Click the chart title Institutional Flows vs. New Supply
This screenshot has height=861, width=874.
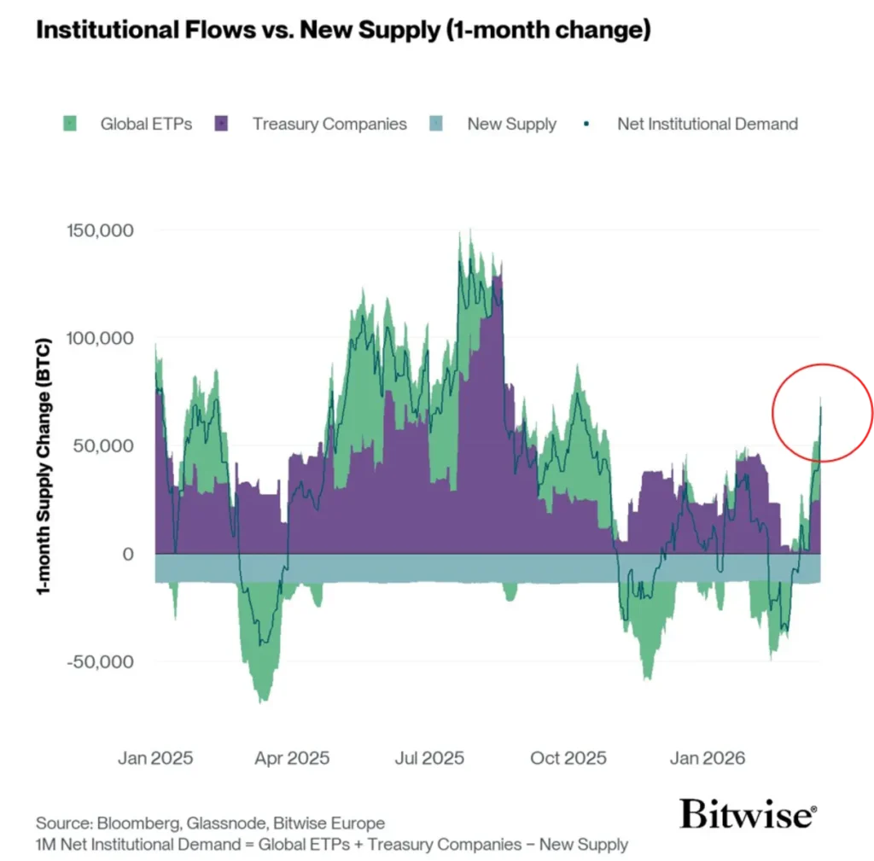[342, 31]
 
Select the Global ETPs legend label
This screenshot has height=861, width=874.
[146, 124]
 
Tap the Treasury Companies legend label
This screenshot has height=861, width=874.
[329, 124]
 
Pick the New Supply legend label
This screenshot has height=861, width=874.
[511, 124]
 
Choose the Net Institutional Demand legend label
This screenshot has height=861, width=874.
[708, 124]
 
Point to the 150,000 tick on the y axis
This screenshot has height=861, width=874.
[99, 231]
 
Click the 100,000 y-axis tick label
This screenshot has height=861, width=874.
[99, 339]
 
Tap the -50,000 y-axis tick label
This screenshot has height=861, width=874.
[99, 661]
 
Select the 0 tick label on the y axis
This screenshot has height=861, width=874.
[127, 554]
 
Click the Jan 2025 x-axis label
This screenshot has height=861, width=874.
[155, 758]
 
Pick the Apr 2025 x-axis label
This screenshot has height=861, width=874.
[292, 758]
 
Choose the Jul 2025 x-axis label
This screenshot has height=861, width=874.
[429, 758]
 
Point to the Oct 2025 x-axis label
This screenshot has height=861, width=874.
[568, 758]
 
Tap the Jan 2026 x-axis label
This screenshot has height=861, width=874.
[707, 758]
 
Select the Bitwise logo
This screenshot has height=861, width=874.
[748, 814]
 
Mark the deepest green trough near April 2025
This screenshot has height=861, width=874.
[261, 700]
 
